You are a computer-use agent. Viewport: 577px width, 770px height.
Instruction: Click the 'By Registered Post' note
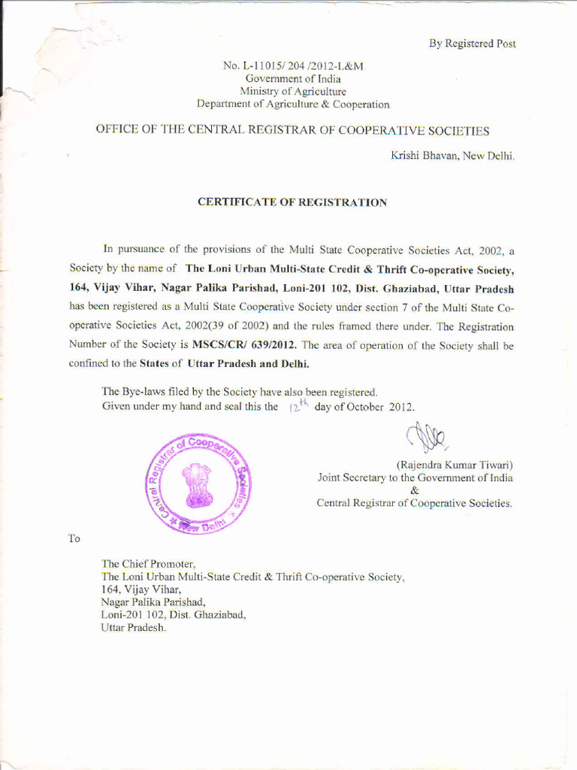pyautogui.click(x=472, y=44)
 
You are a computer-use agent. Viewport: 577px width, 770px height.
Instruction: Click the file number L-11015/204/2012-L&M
pyautogui.click(x=294, y=66)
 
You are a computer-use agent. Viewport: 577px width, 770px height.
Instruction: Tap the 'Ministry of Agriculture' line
pyautogui.click(x=293, y=91)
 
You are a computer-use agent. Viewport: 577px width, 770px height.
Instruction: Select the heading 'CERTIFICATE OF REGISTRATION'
pyautogui.click(x=292, y=202)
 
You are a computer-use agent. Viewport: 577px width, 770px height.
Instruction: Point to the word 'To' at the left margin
pyautogui.click(x=74, y=538)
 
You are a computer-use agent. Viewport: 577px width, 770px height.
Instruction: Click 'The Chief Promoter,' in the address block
pyautogui.click(x=149, y=563)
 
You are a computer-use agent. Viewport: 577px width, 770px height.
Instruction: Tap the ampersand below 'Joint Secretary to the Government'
pyautogui.click(x=415, y=490)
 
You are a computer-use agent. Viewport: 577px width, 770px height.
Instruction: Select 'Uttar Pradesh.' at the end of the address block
pyautogui.click(x=133, y=627)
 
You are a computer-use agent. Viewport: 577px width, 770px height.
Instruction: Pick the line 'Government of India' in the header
pyautogui.click(x=293, y=79)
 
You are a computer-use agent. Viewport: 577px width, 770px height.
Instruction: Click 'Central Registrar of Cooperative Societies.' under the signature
pyautogui.click(x=415, y=503)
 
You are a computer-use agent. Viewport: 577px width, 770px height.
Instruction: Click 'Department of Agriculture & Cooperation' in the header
pyautogui.click(x=293, y=104)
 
